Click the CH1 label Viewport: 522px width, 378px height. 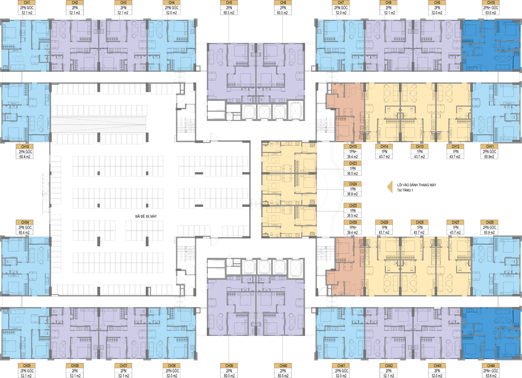pyautogui.click(x=27, y=3)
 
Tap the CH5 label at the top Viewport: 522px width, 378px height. pyautogui.click(x=229, y=3)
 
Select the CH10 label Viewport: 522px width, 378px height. pyautogui.click(x=491, y=3)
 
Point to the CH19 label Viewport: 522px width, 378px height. pyautogui.click(x=25, y=147)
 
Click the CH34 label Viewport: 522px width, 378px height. pyautogui.click(x=25, y=222)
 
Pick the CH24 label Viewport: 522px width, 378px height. pyautogui.click(x=353, y=184)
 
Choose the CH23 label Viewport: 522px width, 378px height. pyautogui.click(x=353, y=163)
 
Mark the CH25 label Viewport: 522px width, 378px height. pyautogui.click(x=353, y=206)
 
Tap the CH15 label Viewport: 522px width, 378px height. pyautogui.click(x=353, y=147)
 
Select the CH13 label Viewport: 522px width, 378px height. pyautogui.click(x=420, y=147)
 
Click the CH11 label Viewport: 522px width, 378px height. pyautogui.click(x=490, y=147)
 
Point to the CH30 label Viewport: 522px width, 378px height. pyautogui.click(x=353, y=222)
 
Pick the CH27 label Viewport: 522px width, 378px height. pyautogui.click(x=455, y=222)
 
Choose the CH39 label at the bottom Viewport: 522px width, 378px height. pyautogui.click(x=229, y=366)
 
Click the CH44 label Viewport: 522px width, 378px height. pyautogui.click(x=491, y=366)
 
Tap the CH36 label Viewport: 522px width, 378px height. pyautogui.click(x=75, y=366)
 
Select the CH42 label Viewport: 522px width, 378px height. pyautogui.click(x=389, y=366)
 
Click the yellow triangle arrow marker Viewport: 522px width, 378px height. pyautogui.click(x=390, y=187)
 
